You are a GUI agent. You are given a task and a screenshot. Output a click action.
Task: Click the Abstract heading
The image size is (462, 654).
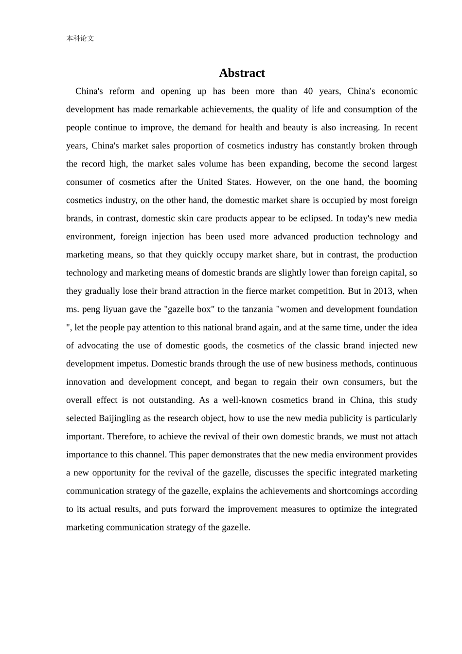(x=242, y=73)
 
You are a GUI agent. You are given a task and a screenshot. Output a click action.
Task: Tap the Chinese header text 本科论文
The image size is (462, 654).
(x=80, y=38)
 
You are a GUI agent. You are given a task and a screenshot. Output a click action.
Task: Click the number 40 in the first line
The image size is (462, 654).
(x=308, y=91)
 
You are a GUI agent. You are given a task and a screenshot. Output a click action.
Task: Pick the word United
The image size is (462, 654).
(x=209, y=182)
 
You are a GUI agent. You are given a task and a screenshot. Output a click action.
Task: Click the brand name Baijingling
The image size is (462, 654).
(x=120, y=418)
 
